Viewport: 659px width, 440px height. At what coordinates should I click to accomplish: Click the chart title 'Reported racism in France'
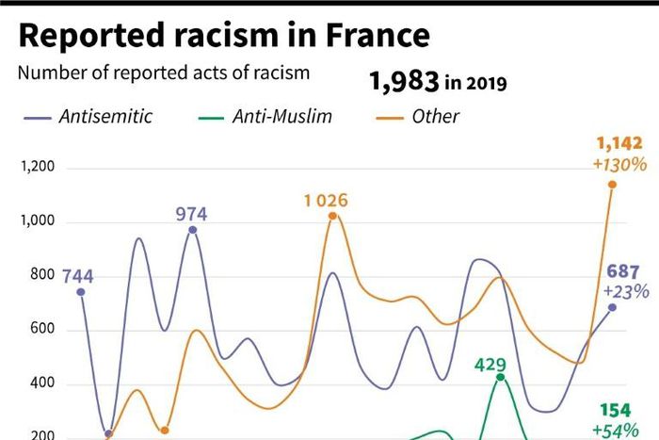coord(224,35)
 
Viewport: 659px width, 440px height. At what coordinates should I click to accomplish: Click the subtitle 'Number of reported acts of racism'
coord(164,73)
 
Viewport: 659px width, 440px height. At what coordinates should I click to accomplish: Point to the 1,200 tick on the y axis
coord(38,168)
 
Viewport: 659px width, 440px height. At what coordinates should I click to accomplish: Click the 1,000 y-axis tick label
coord(38,222)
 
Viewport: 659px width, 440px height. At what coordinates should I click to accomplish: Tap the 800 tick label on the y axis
coord(42,276)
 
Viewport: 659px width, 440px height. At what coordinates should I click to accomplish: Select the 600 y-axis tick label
coord(42,330)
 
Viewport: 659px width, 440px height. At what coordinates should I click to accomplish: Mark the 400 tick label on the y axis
coord(42,384)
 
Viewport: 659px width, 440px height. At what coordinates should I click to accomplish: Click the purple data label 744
coord(78,277)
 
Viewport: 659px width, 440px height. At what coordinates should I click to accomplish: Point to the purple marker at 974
coord(192,230)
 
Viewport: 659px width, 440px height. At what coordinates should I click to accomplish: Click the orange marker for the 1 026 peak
coord(332,216)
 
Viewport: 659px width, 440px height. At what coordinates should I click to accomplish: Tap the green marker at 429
coord(500,378)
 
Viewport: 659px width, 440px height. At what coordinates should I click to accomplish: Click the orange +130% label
coord(619,164)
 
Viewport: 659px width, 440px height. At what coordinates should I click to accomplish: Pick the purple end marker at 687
coord(613,307)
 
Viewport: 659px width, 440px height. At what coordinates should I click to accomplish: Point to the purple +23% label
coord(626,291)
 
